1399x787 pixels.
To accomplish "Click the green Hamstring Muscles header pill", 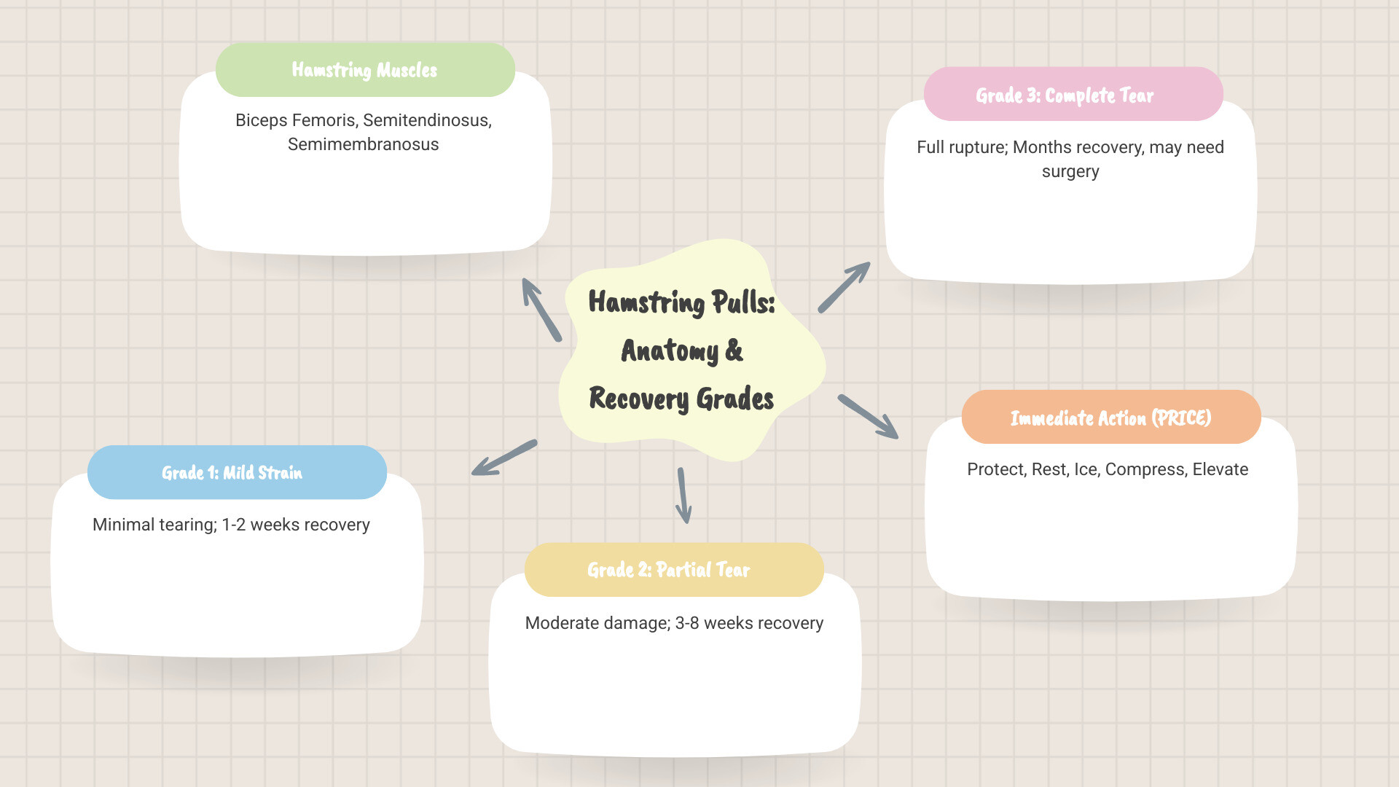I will [x=365, y=70].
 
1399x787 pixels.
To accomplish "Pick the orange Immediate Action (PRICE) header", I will [x=1110, y=418].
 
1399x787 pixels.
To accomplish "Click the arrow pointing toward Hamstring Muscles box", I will [x=541, y=310].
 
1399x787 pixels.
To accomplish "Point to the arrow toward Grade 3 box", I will [x=844, y=287].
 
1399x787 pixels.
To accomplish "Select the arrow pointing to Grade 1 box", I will [x=504, y=458].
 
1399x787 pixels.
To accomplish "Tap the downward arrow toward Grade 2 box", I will [x=683, y=496].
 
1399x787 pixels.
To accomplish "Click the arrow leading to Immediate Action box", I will [x=868, y=416].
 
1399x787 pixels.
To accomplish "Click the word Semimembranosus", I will [x=363, y=144].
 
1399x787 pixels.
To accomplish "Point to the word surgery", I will [x=1070, y=172].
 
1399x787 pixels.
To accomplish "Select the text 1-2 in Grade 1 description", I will [x=233, y=525].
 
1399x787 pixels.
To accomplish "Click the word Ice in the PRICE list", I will [x=1085, y=469].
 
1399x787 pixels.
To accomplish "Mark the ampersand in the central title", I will [x=734, y=351].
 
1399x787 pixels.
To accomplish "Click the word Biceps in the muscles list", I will [x=261, y=120].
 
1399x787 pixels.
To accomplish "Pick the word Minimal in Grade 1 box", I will [x=123, y=525].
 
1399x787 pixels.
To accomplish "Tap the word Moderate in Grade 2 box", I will [x=561, y=623].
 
